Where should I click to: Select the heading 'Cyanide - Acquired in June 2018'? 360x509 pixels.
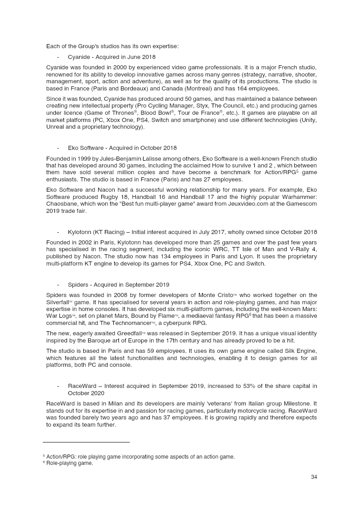(x=112, y=57)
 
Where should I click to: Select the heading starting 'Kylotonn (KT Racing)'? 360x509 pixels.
(x=192, y=232)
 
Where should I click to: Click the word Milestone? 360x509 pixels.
(x=295, y=403)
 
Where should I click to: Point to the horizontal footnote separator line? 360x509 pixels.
(x=86, y=442)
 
